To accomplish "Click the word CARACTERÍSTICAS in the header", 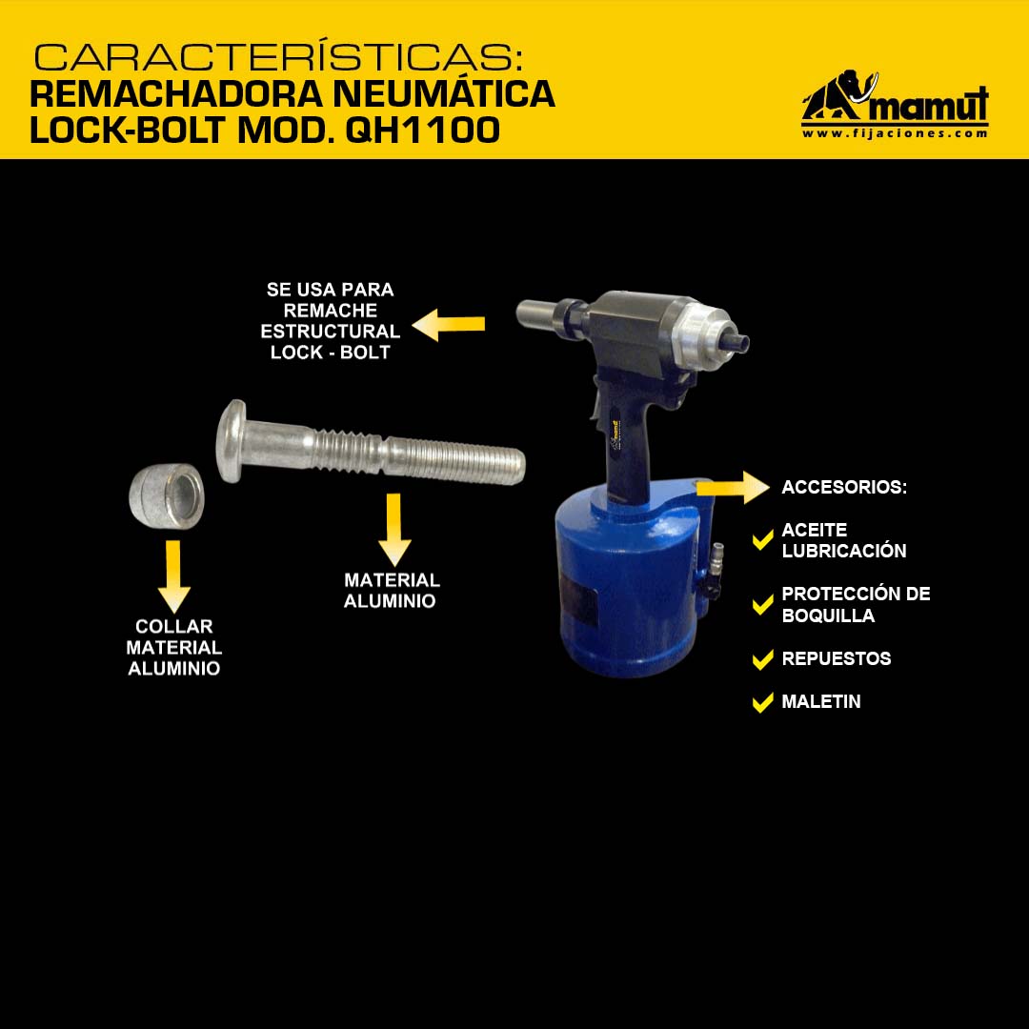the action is pos(278,57).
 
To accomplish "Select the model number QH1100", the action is pos(423,130).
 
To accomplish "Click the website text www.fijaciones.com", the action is pos(895,133).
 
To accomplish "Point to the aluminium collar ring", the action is pos(167,496).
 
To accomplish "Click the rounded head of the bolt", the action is pos(231,441).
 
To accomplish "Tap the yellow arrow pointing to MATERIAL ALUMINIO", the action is pos(394,529).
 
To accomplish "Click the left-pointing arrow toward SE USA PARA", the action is pos(448,324).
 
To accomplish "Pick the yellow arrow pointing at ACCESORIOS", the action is pos(733,488).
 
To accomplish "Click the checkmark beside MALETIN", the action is pos(762,702).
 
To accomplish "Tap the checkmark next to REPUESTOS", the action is pos(762,659).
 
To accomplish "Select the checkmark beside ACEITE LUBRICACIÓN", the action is pos(762,540).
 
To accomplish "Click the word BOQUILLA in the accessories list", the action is pos(828,615).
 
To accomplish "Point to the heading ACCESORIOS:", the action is pos(844,487).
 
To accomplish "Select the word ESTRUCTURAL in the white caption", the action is pos(330,332).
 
